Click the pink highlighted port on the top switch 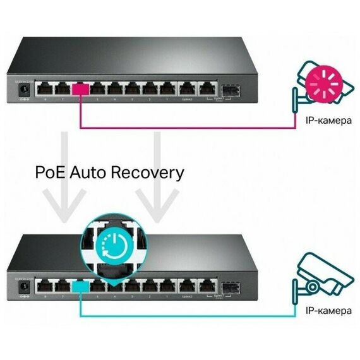81,89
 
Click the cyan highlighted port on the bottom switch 81,286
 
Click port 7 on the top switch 63,89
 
